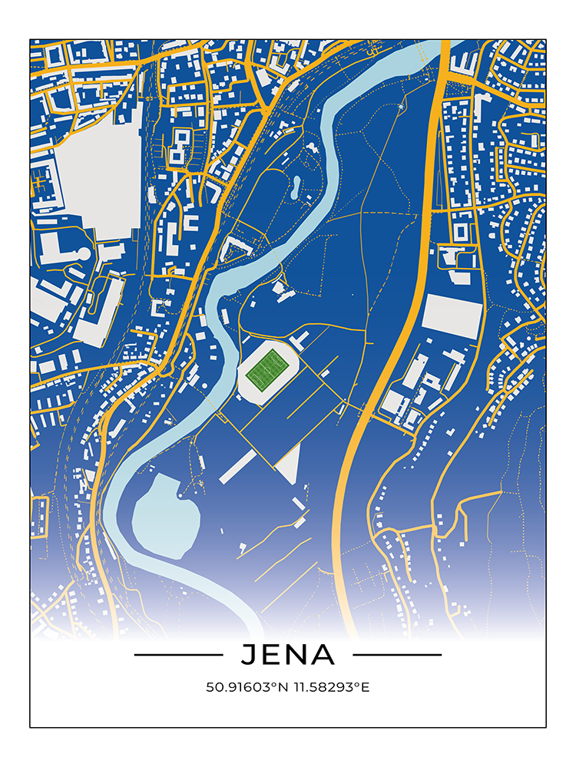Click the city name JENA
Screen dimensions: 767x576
point(288,655)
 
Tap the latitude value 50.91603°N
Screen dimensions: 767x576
point(245,687)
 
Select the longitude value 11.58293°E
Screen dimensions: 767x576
point(329,687)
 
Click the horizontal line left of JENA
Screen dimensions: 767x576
point(178,655)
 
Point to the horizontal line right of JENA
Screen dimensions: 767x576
point(397,655)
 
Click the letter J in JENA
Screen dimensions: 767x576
point(249,655)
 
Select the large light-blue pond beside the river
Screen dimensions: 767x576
point(165,515)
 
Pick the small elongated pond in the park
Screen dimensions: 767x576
point(296,185)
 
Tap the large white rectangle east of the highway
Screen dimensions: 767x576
point(452,316)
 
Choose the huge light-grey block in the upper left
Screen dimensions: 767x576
point(100,177)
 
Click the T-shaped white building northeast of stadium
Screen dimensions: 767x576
point(300,340)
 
